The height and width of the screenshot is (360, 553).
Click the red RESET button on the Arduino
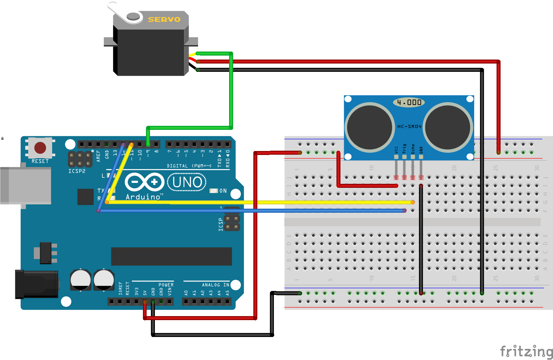click(x=40, y=148)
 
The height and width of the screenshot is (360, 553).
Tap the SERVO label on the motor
click(x=164, y=20)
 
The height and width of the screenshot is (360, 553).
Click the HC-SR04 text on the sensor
click(x=409, y=126)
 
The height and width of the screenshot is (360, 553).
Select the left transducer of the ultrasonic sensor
click(x=370, y=127)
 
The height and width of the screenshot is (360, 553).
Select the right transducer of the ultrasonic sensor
click(x=447, y=127)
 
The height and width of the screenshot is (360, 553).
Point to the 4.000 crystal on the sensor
click(x=409, y=102)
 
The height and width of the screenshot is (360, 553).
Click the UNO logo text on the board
click(x=187, y=182)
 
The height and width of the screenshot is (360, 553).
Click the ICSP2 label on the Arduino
click(x=77, y=171)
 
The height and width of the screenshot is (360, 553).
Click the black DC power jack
click(x=37, y=284)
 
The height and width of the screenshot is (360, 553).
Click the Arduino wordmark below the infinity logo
click(x=143, y=197)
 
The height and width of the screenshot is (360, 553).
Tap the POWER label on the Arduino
click(x=166, y=285)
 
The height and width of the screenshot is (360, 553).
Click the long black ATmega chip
click(x=171, y=256)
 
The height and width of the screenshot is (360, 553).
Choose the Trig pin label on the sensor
click(x=405, y=149)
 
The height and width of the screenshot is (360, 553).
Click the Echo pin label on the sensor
click(x=413, y=149)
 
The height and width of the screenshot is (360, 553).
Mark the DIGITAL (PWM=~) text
click(x=189, y=166)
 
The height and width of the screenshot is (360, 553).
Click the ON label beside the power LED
click(x=223, y=191)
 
